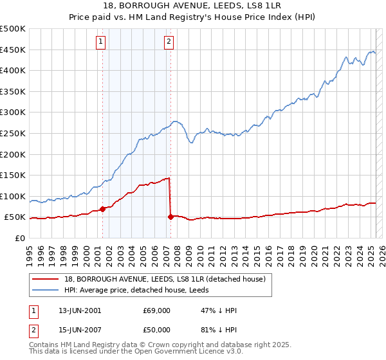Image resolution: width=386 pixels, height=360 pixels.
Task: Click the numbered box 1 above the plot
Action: tap(102, 42)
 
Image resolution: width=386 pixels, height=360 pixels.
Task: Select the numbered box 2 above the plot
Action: tap(169, 42)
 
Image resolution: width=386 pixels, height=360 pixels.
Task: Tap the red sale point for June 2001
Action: tap(103, 209)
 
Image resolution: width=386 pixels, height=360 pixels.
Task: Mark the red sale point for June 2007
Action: tap(170, 217)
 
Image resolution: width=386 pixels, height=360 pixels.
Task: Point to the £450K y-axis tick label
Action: tap(12, 50)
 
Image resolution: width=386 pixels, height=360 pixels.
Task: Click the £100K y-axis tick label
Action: tap(12, 197)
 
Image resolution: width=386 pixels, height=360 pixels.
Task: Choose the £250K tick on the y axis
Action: tap(12, 134)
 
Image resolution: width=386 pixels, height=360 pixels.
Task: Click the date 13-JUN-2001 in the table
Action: tap(80, 310)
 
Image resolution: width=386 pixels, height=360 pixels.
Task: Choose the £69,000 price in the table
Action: tap(157, 310)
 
